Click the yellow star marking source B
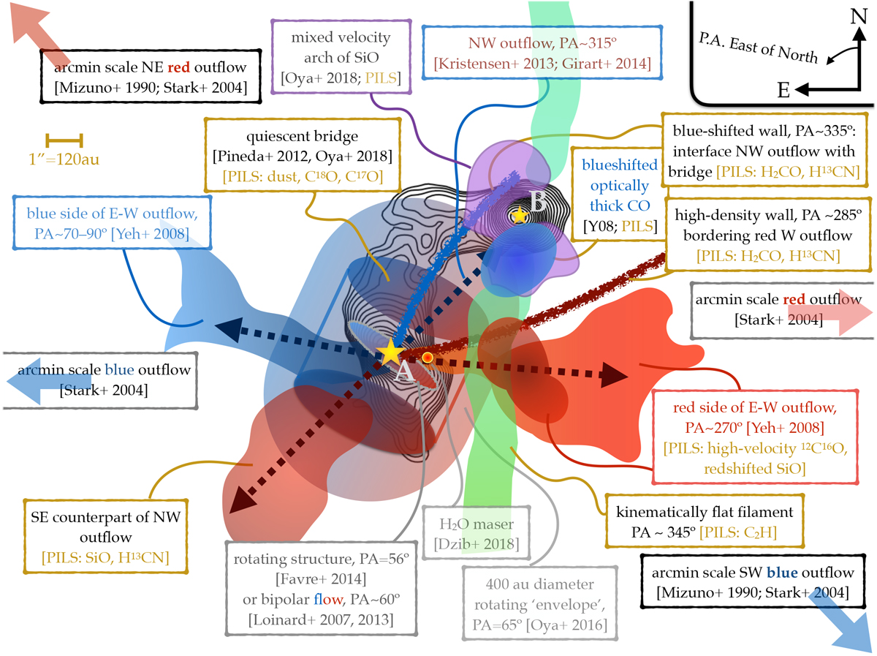[x=519, y=215]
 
